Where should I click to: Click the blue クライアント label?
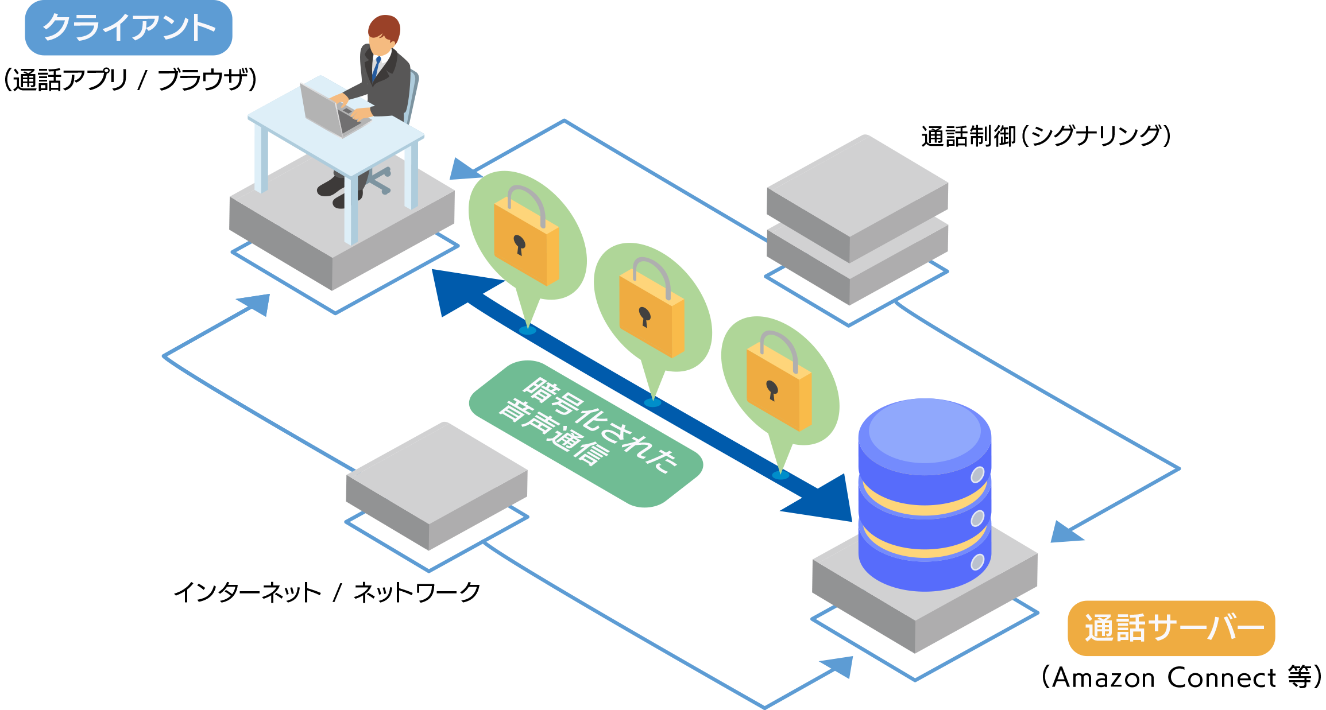pyautogui.click(x=129, y=28)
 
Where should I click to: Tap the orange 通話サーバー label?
pyautogui.click(x=1171, y=628)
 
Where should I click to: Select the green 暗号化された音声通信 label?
pyautogui.click(x=586, y=433)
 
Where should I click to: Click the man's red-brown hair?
pyautogui.click(x=384, y=28)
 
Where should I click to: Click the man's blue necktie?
pyautogui.click(x=376, y=68)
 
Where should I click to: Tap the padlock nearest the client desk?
pyautogui.click(x=526, y=238)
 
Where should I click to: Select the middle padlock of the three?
pyautogui.click(x=651, y=310)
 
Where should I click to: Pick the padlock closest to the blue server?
pyautogui.click(x=779, y=383)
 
